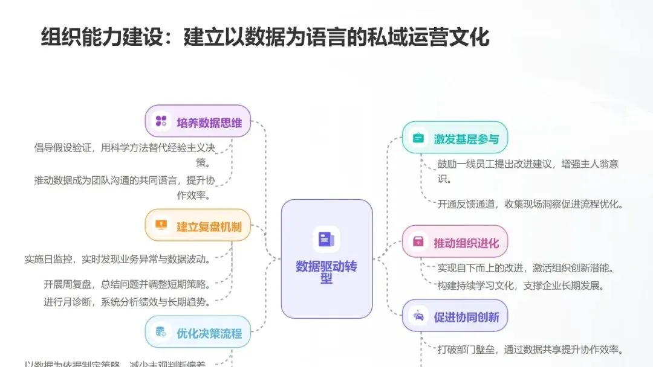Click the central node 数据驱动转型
326,260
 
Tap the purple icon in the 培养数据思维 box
161,121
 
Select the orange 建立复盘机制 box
198,226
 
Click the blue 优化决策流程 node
198,332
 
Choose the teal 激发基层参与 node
455,138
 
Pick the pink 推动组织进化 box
455,243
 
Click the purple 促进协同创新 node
455,316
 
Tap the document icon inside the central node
326,239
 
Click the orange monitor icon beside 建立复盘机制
161,225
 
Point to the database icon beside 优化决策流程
161,331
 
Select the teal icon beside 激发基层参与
418,138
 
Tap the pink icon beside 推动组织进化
418,243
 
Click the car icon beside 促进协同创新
418,316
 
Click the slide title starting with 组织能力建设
265,37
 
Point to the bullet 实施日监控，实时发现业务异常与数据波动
117,260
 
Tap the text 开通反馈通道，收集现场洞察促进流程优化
530,204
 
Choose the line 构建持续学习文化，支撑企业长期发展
521,286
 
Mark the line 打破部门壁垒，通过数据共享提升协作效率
530,349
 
